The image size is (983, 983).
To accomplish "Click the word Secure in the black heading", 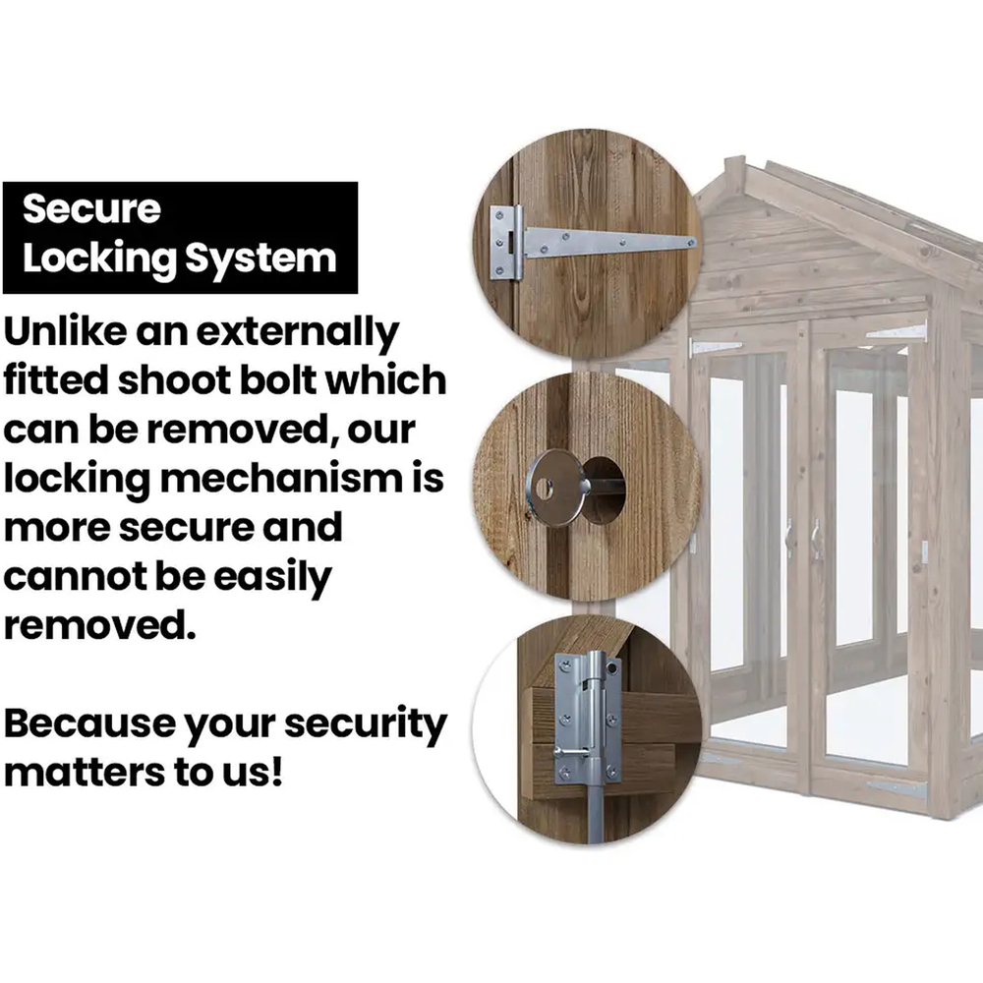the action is [91, 208].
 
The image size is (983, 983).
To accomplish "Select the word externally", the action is [298, 333].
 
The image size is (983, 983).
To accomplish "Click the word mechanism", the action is [281, 478].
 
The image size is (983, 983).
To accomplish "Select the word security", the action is [366, 726].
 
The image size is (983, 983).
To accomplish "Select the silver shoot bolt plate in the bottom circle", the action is [588, 719].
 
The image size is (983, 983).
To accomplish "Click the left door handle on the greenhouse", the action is [789, 539].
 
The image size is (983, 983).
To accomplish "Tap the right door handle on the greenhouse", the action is [816, 539].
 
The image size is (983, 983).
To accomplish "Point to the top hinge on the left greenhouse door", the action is [715, 346].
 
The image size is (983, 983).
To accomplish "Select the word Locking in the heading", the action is [100, 259].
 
